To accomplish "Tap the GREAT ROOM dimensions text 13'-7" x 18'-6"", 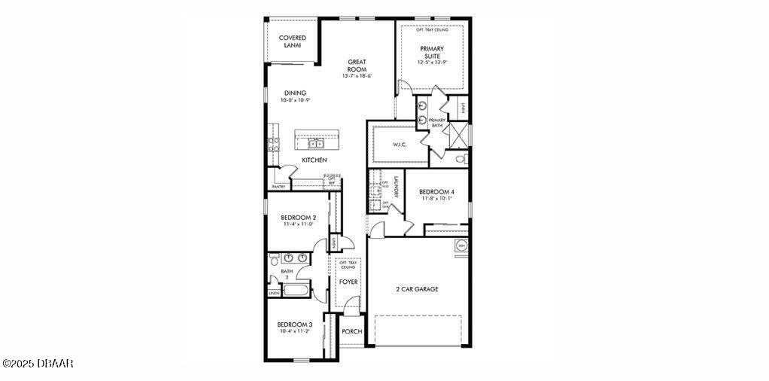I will tap(357, 76).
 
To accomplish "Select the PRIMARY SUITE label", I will tap(432, 52).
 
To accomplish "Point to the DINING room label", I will tap(274, 93).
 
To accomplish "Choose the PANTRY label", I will tap(278, 185).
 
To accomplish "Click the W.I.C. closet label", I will tap(400, 145).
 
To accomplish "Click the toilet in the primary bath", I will tap(460, 159).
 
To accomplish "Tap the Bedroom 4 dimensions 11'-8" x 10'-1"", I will tap(436, 199).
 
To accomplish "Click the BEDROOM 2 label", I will tap(298, 217).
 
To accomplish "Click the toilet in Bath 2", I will tap(273, 260).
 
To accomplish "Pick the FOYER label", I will tap(348, 282).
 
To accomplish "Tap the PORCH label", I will tap(351, 331).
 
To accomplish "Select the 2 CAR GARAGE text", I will tap(417, 289).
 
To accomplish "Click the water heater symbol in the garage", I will tap(461, 245).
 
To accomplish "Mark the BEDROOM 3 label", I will tap(295, 324).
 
